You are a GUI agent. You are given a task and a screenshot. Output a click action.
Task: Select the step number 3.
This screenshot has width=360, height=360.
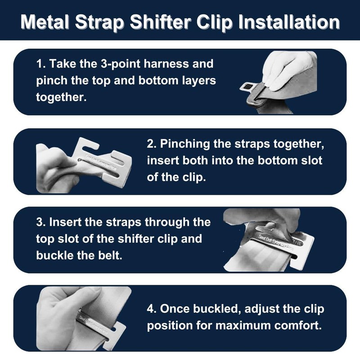[x=40, y=222]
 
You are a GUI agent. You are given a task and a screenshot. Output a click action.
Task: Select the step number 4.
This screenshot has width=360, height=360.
[x=151, y=310]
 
